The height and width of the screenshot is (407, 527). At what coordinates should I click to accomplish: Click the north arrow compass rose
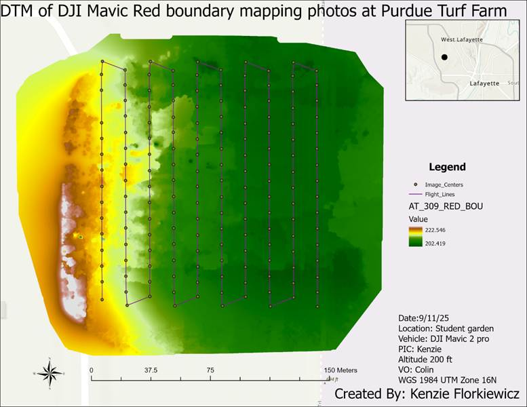(49, 372)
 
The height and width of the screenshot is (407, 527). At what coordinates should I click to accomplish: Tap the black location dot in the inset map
(444, 58)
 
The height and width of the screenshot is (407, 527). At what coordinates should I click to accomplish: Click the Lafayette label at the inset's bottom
(484, 83)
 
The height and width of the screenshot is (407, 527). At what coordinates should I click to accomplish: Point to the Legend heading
(447, 167)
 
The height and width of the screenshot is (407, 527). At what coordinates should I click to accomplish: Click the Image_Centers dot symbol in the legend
(414, 184)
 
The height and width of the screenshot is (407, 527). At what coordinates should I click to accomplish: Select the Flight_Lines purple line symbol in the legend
(414, 194)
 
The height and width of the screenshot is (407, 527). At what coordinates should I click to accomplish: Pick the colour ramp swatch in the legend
(414, 237)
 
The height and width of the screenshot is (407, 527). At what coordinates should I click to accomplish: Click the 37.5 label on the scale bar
(151, 370)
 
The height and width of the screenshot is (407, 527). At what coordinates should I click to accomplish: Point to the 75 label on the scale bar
(210, 370)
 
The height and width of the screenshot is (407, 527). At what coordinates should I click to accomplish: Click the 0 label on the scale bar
(91, 370)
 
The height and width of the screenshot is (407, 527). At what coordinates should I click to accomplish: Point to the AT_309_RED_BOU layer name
(444, 206)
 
